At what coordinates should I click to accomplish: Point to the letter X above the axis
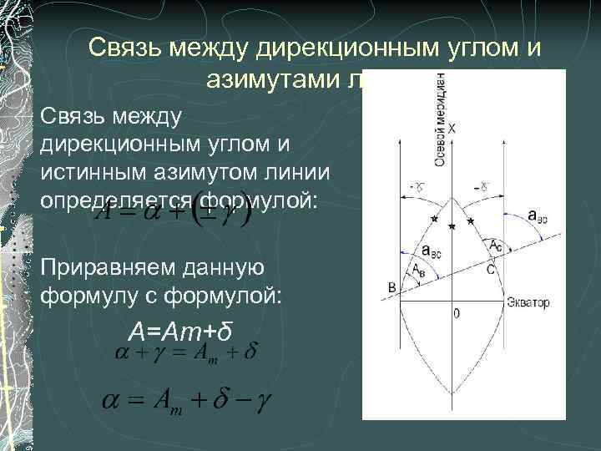click(452, 129)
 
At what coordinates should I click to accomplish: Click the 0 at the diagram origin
click(456, 313)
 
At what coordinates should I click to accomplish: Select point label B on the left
click(392, 288)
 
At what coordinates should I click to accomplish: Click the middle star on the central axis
click(452, 227)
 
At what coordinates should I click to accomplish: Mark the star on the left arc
click(432, 219)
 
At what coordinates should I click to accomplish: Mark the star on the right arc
click(471, 220)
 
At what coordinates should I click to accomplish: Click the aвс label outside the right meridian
click(538, 215)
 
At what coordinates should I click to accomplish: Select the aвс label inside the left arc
click(432, 249)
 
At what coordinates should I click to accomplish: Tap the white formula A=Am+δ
click(179, 330)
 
